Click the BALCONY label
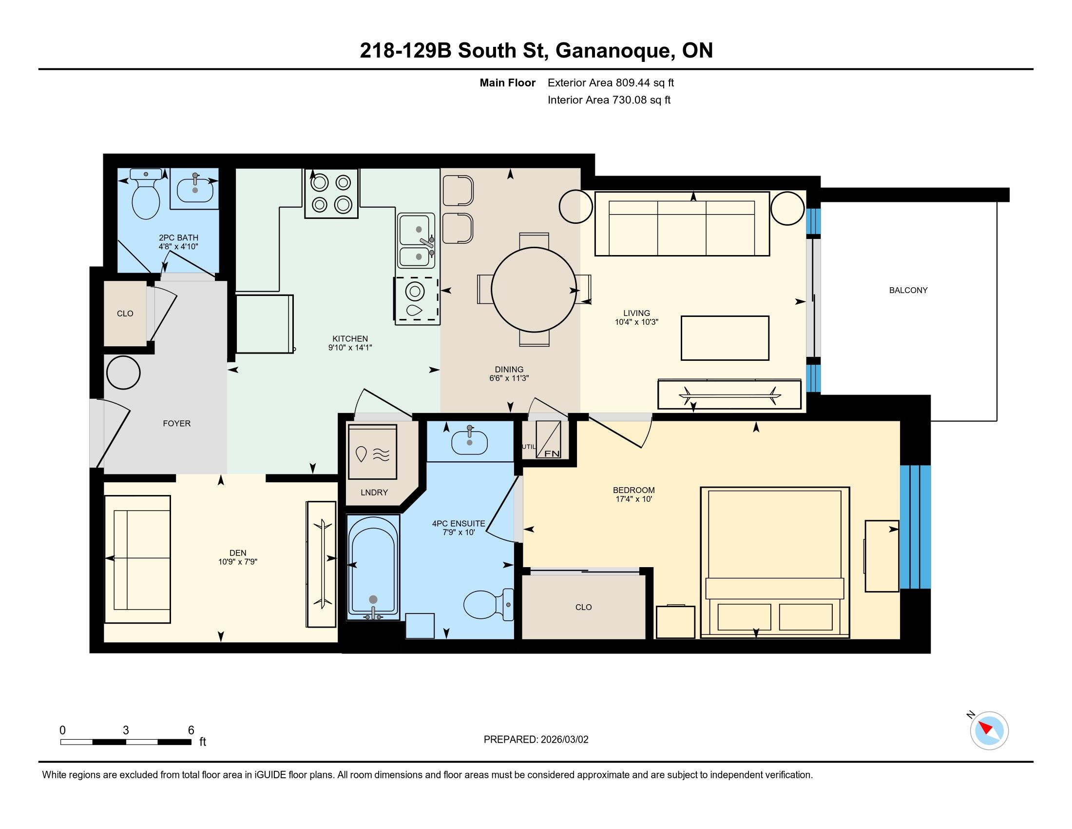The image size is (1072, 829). (908, 290)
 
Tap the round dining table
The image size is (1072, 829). (534, 290)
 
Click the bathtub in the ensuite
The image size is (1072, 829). (373, 567)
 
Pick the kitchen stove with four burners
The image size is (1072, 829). (331, 193)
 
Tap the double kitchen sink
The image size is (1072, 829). (416, 240)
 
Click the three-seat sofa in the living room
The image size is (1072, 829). (682, 223)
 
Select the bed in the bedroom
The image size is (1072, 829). (775, 562)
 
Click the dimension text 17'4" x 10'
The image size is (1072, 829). (633, 499)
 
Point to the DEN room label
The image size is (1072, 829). (238, 553)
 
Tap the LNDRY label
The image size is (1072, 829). (374, 493)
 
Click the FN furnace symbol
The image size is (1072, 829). (548, 439)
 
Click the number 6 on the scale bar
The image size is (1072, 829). (191, 730)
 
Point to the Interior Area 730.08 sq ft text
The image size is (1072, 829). (609, 100)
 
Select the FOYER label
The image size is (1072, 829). (177, 423)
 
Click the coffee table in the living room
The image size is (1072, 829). (725, 338)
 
